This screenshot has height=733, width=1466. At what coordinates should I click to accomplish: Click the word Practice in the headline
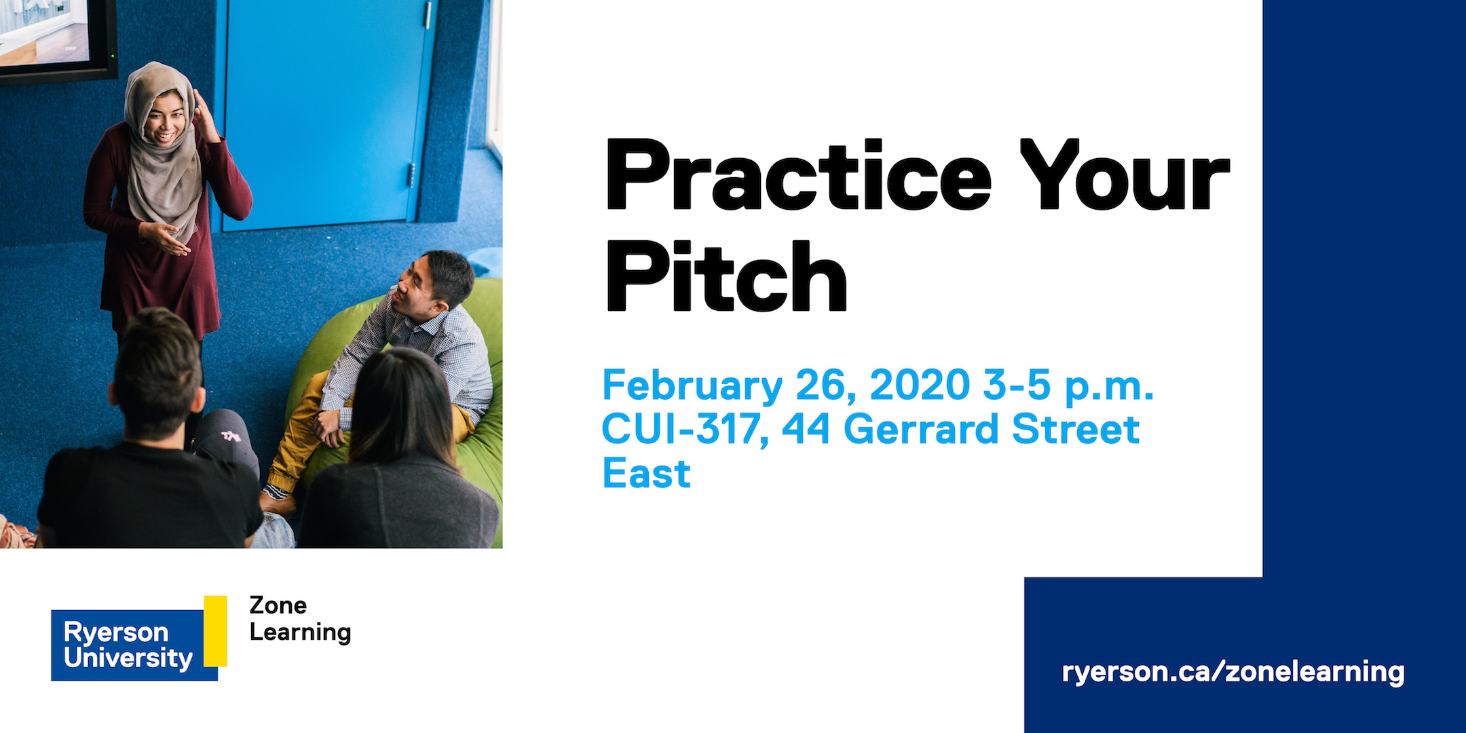798,175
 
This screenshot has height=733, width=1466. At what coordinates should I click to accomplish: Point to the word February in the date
692,387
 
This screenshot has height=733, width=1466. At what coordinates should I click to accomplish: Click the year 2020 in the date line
920,385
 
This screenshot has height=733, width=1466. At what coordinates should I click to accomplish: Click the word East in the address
646,473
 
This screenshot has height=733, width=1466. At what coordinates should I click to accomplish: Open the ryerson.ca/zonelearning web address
1233,672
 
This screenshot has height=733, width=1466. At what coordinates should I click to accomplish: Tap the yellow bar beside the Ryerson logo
215,631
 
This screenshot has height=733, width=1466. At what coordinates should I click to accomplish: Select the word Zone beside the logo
278,605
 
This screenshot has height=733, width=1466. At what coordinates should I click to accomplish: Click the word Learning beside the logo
300,633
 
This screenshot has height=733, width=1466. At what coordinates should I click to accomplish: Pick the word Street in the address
1075,429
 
